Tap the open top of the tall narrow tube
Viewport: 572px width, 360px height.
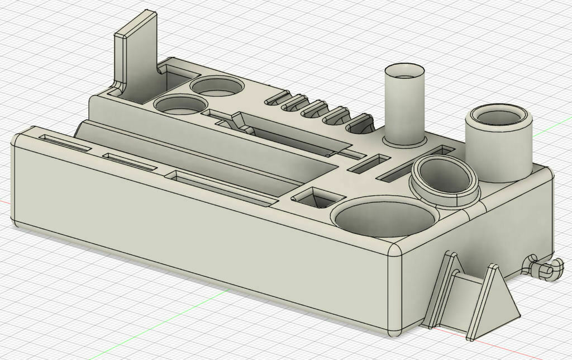coord(404,72)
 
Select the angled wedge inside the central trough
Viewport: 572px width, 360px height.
coord(240,122)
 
